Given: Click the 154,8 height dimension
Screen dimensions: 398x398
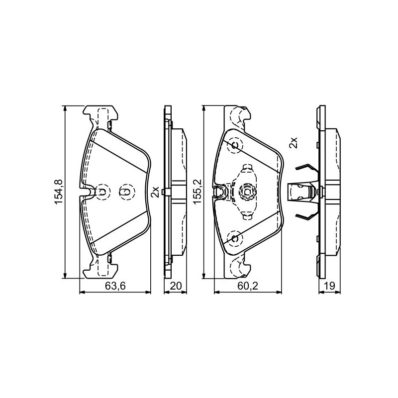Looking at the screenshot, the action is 58,192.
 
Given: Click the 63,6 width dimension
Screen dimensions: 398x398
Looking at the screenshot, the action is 115,286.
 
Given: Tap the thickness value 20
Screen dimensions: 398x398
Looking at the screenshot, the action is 176,286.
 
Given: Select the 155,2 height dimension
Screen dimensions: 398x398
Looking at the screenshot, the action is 197,191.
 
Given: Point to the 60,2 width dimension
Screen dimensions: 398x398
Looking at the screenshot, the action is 248,286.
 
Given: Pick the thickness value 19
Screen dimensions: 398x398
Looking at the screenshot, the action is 329,286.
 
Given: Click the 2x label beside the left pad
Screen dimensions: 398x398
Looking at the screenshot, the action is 155,192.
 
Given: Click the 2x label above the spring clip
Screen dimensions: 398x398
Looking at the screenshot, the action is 293,143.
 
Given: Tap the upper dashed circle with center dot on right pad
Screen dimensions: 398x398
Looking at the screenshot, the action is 235,146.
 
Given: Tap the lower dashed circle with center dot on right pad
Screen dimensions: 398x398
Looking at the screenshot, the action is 235,238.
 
